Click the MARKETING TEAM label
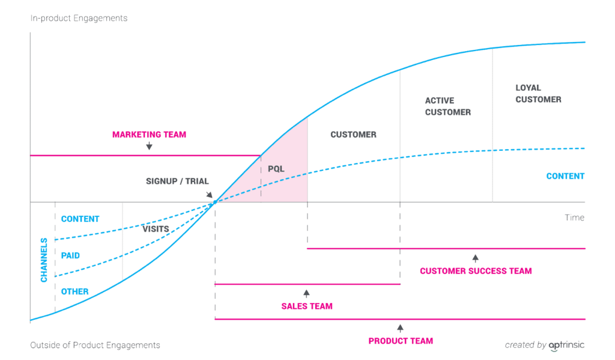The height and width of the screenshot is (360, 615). pyautogui.click(x=149, y=135)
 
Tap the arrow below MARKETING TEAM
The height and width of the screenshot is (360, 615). pyautogui.click(x=149, y=146)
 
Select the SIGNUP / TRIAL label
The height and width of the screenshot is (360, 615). pyautogui.click(x=177, y=181)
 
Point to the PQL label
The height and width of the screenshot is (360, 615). pyautogui.click(x=276, y=169)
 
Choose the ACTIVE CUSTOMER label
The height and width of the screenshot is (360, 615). pyautogui.click(x=447, y=106)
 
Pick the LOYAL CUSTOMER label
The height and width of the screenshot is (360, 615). pyautogui.click(x=538, y=94)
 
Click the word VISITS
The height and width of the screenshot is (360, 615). pyautogui.click(x=155, y=229)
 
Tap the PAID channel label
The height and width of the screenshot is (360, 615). pyautogui.click(x=70, y=255)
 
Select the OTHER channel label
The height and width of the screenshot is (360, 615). pyautogui.click(x=74, y=291)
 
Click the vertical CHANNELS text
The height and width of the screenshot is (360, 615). pyautogui.click(x=44, y=260)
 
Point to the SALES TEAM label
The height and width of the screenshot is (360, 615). pyautogui.click(x=306, y=306)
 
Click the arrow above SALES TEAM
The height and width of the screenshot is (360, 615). pyautogui.click(x=306, y=293)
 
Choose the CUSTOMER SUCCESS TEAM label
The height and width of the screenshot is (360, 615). pyautogui.click(x=476, y=271)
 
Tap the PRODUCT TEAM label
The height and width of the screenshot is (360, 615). pyautogui.click(x=401, y=341)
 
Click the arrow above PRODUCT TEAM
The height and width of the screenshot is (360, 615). pyautogui.click(x=401, y=328)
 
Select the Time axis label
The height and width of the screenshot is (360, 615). pyautogui.click(x=574, y=218)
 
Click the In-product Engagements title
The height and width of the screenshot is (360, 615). pyautogui.click(x=79, y=18)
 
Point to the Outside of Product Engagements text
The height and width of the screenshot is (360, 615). pyautogui.click(x=95, y=345)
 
